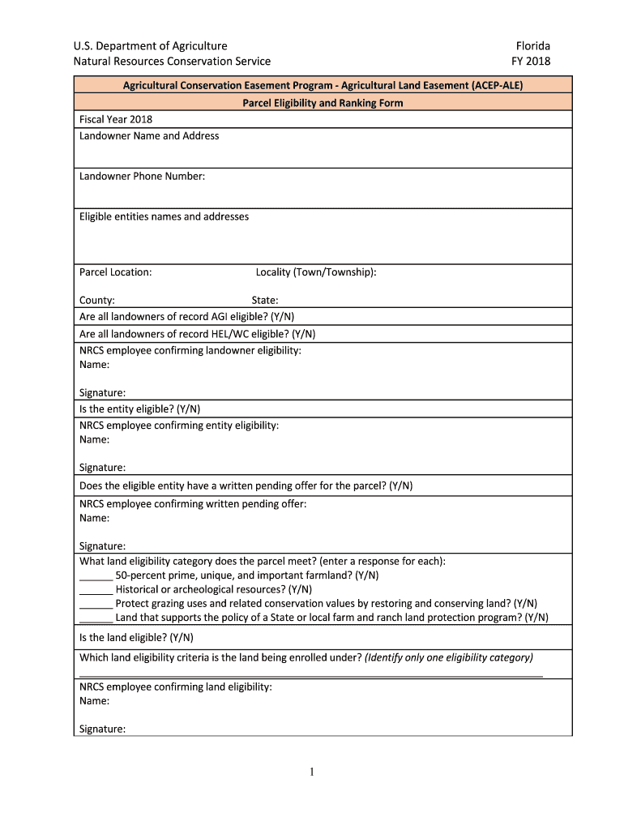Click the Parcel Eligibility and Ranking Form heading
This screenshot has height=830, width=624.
(323, 103)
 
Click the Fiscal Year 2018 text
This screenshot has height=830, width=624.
(116, 119)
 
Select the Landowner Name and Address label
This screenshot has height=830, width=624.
(149, 136)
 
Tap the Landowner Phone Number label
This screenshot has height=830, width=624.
(142, 177)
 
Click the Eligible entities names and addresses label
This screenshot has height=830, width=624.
(164, 216)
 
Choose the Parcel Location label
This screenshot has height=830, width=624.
(115, 272)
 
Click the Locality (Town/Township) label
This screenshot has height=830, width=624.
(315, 272)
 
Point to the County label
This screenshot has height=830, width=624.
(96, 300)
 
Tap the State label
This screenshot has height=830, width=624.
(265, 300)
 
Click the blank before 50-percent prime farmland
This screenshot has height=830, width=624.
(96, 577)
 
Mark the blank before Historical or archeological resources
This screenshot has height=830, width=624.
(96, 591)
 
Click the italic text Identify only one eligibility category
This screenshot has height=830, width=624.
(449, 657)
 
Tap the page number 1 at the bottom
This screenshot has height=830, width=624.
(311, 772)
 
